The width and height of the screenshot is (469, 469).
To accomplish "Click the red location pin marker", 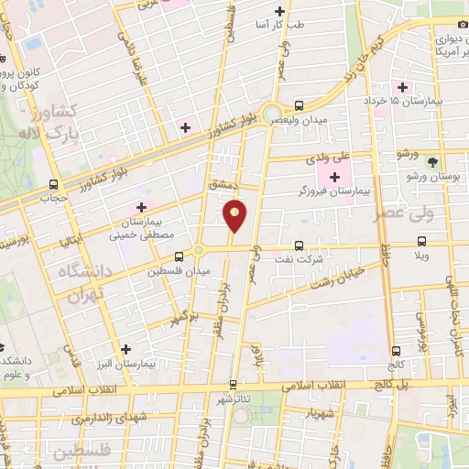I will [235, 215].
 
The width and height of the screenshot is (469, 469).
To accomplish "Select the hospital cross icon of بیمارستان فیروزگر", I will [333, 176].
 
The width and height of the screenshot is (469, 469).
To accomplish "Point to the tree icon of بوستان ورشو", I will [446, 162].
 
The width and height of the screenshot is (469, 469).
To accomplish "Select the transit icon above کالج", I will [395, 351].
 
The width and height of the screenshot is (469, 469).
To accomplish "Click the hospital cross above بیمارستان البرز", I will [126, 349].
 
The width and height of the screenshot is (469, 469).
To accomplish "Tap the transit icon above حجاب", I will [54, 183].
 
